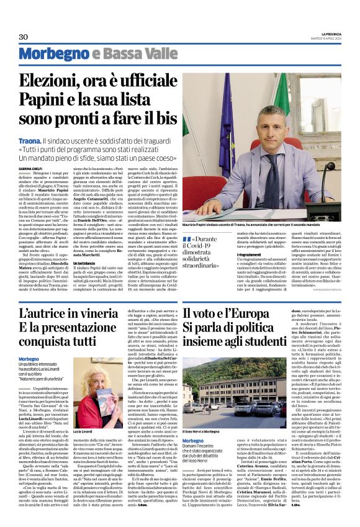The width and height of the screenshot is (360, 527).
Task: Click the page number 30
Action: point(24,37)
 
